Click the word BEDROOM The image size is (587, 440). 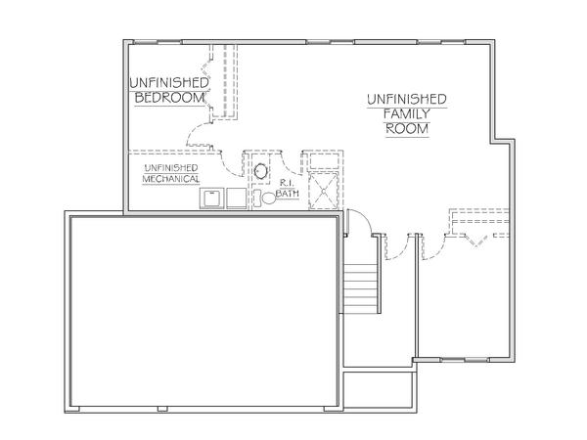[x=169, y=98]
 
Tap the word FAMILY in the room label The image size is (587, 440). [x=407, y=113]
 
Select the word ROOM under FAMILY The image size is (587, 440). [x=407, y=129]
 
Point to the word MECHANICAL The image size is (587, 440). [x=170, y=179]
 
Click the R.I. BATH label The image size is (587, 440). [x=288, y=188]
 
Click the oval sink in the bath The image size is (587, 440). [x=260, y=171]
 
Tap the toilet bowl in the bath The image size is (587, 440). [x=268, y=198]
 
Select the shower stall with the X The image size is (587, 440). [x=323, y=191]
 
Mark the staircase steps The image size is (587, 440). [x=360, y=288]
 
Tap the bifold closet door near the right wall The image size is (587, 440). [x=476, y=241]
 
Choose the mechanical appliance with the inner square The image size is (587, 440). [x=211, y=198]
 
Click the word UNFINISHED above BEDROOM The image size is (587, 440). [x=169, y=83]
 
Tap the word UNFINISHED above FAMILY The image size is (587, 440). [x=407, y=99]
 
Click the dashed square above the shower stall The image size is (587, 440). [x=324, y=160]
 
